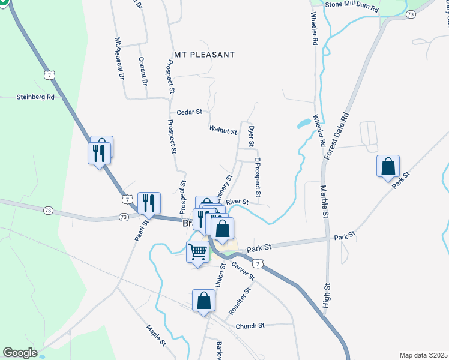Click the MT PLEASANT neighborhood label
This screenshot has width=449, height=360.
point(203,55)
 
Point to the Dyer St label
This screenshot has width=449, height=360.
point(252,136)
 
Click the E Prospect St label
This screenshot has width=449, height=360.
point(258,177)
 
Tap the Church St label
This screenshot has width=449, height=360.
point(250,326)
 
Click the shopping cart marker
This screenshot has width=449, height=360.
point(197,251)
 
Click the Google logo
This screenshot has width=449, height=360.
point(20,353)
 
